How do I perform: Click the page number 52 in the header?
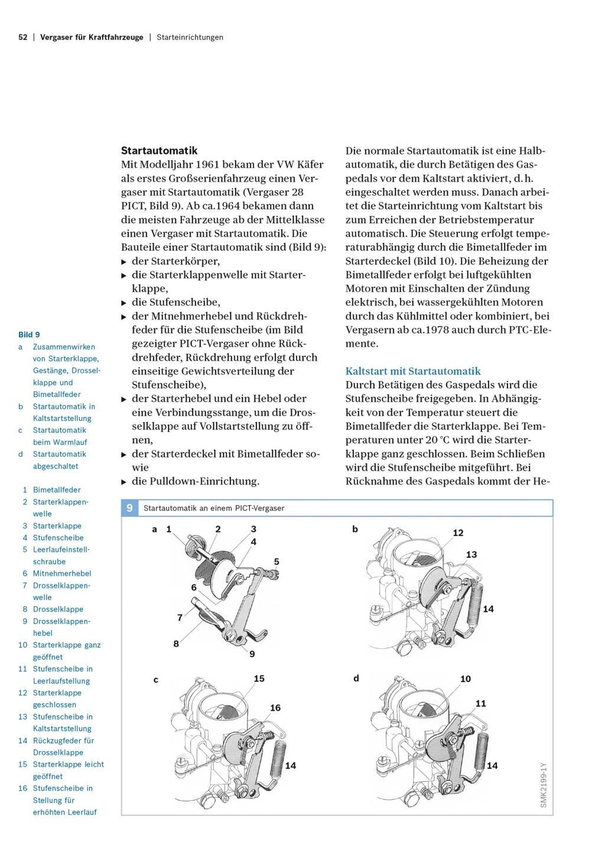[x=23, y=37]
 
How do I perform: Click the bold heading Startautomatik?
[x=159, y=151]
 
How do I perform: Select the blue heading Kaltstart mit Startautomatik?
[x=413, y=371]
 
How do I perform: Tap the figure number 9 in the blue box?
[x=129, y=508]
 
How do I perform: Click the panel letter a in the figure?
[x=155, y=529]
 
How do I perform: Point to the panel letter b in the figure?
[x=355, y=529]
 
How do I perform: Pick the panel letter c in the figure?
[x=156, y=680]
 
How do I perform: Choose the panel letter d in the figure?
[x=356, y=678]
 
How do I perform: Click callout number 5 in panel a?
[x=277, y=561]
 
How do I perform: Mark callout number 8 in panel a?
[x=176, y=644]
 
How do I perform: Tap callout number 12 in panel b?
[x=458, y=533]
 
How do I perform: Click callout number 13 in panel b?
[x=471, y=555]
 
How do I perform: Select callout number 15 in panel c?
[x=259, y=678]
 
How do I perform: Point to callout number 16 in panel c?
[x=275, y=707]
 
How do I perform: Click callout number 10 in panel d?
[x=466, y=679]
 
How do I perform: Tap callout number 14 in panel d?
[x=492, y=765]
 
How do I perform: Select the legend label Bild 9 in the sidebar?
[x=29, y=335]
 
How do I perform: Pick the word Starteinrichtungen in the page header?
[x=190, y=37]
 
